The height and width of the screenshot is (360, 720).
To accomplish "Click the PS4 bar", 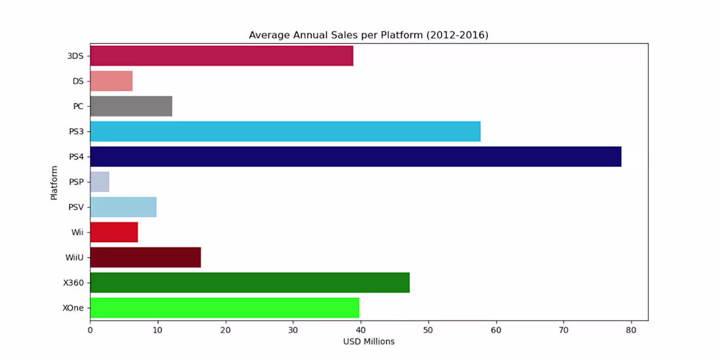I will [355, 156].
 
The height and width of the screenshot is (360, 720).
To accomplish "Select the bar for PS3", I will [285, 132].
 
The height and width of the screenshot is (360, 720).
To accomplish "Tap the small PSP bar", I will [99, 182].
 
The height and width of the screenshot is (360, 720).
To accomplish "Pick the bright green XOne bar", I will [225, 307].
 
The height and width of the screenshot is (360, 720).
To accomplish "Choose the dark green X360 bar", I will [250, 282].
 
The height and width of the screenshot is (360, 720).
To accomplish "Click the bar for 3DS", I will [221, 56].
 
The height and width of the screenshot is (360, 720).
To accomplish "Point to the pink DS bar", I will [111, 81].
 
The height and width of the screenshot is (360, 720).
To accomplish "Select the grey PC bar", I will [131, 106].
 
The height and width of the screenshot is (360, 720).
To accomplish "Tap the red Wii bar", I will [114, 232].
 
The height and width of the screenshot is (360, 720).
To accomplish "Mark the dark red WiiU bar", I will [145, 257].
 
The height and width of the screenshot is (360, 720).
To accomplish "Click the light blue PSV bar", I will [123, 207].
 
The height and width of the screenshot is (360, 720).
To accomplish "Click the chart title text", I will [369, 35].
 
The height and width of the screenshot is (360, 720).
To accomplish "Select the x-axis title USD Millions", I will [369, 342].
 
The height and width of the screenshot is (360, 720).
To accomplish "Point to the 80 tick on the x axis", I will [631, 330].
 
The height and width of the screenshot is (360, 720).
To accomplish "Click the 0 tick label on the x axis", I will [90, 330].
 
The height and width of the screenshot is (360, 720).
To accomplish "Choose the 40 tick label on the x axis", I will [361, 330].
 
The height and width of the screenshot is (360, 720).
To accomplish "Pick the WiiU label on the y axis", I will [74, 257].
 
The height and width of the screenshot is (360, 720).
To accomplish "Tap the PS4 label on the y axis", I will [77, 157].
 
